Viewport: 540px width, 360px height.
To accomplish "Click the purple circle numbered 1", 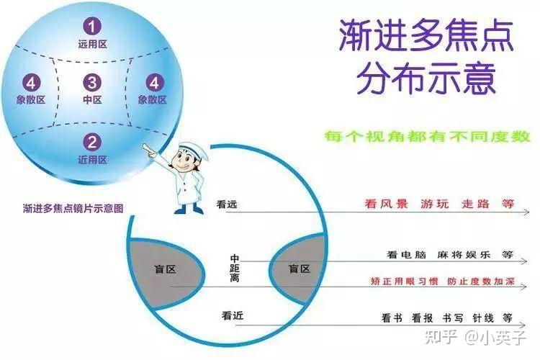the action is click(91, 27).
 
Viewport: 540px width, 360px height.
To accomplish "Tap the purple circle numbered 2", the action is click(91, 142).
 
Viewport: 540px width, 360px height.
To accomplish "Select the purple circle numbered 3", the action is click(91, 82).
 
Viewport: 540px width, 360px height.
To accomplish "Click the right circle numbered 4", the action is click(153, 82).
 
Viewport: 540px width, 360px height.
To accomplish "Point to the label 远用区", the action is click(91, 44).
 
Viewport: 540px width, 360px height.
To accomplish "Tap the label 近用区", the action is click(91, 159).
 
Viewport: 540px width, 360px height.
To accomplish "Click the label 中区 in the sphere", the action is click(91, 99).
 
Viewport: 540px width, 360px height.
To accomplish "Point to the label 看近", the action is click(232, 315).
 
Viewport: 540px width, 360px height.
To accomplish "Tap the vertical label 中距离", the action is click(235, 267).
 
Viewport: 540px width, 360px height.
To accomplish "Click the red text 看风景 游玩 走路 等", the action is click(438, 204).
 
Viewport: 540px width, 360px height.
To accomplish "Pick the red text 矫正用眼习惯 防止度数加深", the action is click(447, 280).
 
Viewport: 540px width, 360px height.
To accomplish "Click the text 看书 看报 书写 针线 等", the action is click(446, 317).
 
